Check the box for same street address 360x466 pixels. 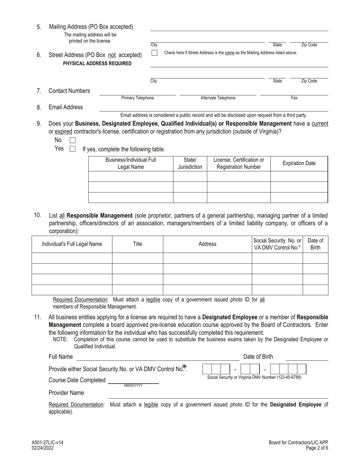tap(154, 53)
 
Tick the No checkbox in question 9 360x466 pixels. tap(73, 140)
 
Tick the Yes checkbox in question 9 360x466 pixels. tap(73, 149)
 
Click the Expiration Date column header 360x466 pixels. tap(299, 163)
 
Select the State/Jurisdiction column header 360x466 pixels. tap(190, 163)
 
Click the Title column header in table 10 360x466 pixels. tap(138, 244)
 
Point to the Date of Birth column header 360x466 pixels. tap(315, 244)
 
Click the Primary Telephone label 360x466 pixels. tap(138, 98)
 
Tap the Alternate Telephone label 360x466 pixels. tap(218, 98)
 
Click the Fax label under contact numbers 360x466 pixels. tap(294, 98)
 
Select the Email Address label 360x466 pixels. tap(66, 107)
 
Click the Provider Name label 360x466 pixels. tap(66, 393)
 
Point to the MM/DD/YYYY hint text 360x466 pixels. tap(133, 386)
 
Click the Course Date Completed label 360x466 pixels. tap(77, 380)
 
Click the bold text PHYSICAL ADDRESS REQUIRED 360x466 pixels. tap(97, 64)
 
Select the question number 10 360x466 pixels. tap(38, 215)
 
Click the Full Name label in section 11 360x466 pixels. tap(61, 357)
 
